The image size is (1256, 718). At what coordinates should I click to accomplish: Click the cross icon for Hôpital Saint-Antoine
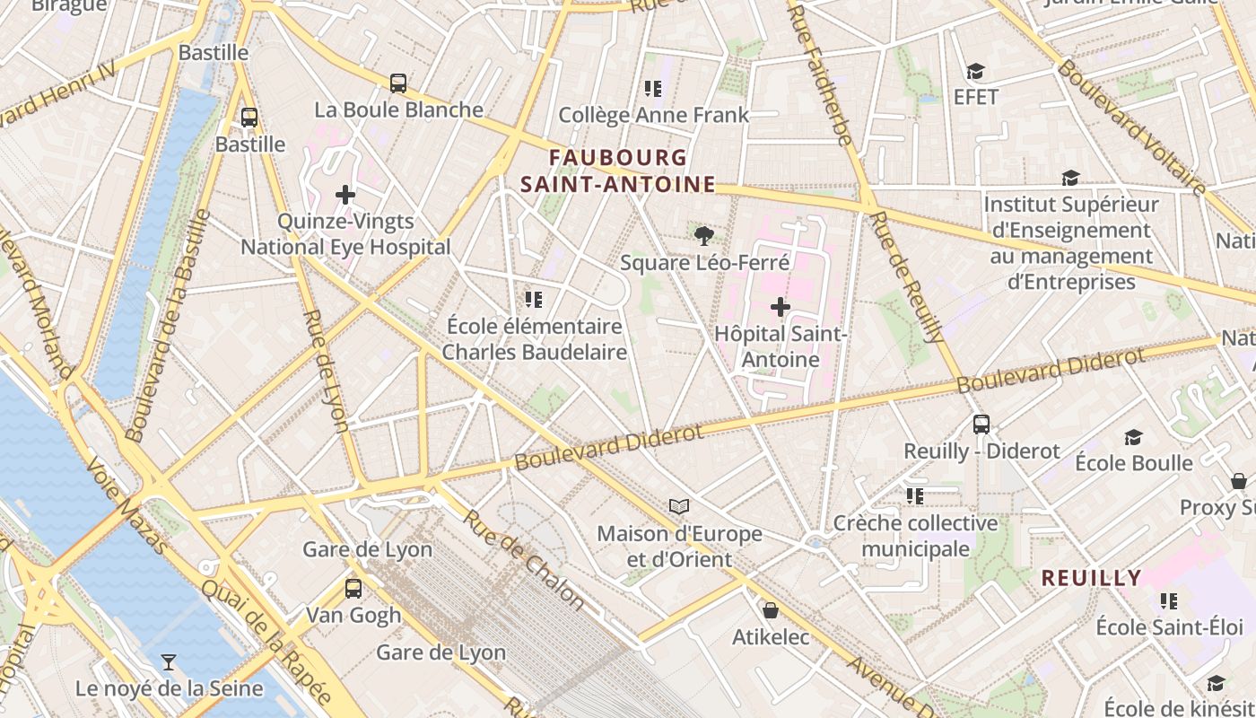point(781,307)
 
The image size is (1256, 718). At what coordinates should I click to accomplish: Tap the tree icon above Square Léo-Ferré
point(704,236)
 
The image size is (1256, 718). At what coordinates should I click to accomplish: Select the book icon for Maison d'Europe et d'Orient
point(679,507)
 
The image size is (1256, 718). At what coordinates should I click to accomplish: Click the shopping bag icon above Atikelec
point(770,611)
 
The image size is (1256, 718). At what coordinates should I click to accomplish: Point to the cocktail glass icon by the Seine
point(168,662)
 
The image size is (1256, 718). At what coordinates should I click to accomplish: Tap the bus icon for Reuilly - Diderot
point(981,425)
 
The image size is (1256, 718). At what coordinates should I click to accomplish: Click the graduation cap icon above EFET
point(975,71)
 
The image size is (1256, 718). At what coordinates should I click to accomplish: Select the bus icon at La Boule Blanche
point(398,83)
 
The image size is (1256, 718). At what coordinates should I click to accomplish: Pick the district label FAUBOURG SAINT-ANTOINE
point(618,171)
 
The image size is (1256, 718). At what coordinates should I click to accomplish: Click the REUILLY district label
point(1091,578)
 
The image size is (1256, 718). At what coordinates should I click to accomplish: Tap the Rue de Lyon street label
point(326,371)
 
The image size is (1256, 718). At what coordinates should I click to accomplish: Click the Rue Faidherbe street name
point(820,72)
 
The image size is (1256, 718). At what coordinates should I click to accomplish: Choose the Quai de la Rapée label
point(266,641)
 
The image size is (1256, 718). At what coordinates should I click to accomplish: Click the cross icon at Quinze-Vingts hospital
point(345,195)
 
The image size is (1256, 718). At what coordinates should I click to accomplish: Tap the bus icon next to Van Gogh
point(353,589)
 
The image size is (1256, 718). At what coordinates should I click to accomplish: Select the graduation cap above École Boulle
point(1133,437)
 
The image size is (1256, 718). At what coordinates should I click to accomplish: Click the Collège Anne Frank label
point(653,115)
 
